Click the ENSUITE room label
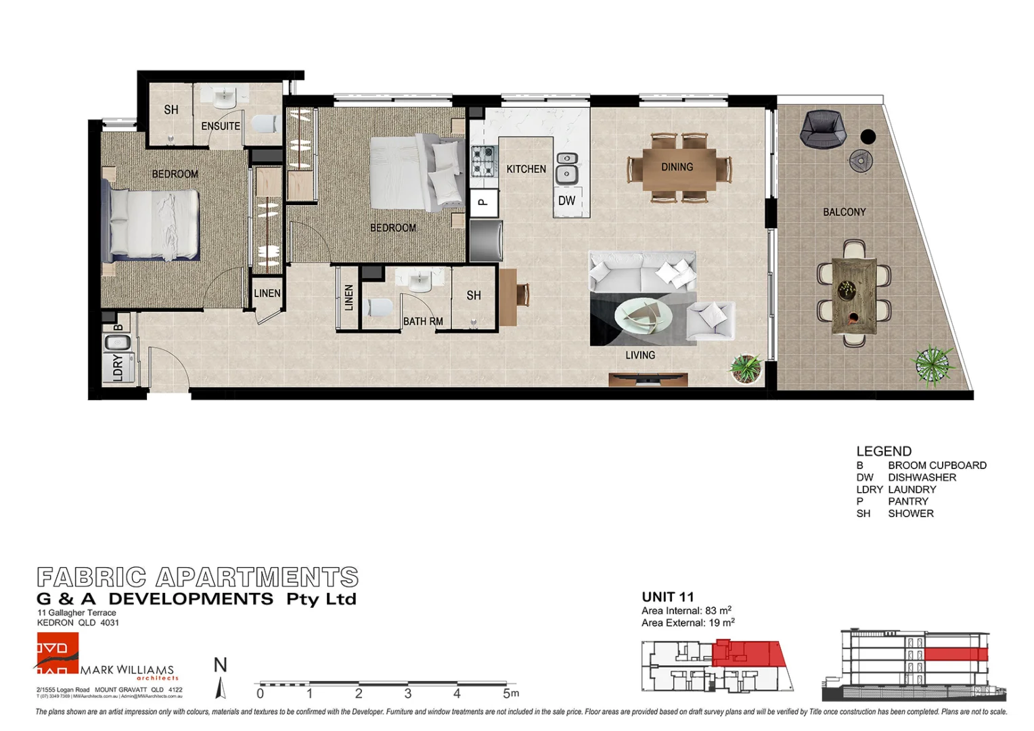point(221,126)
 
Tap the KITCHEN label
point(526,169)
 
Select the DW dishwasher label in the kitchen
point(566,201)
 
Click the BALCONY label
point(844,213)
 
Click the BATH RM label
point(423,322)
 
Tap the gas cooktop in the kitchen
point(484,161)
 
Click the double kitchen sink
point(567,167)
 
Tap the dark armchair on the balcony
point(822,129)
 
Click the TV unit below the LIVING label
point(639,380)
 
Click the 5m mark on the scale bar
point(510,693)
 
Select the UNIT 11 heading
point(667,597)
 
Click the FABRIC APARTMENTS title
point(197,577)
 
